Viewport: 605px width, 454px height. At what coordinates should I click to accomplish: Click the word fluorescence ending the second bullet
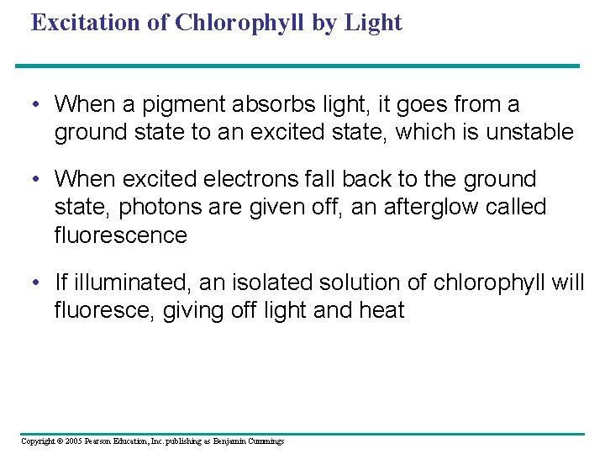pos(120,235)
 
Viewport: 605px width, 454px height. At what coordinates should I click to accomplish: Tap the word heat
pos(382,310)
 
